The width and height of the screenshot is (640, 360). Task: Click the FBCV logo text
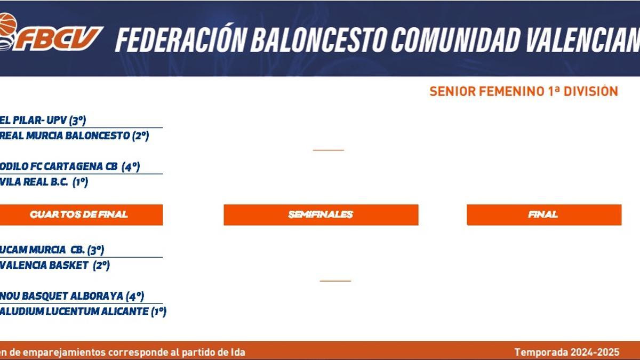click(59, 38)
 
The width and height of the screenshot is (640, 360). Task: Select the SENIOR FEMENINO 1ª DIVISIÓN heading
click(524, 92)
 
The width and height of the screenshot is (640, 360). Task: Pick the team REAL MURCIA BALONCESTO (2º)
click(74, 135)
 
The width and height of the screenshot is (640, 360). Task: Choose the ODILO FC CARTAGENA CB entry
click(69, 166)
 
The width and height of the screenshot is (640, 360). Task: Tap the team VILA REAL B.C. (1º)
click(44, 182)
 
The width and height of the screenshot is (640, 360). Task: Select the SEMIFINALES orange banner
click(321, 214)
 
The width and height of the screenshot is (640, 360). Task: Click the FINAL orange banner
click(543, 214)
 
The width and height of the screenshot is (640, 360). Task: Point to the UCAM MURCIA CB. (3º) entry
click(52, 250)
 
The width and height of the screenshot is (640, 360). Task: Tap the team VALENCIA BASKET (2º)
click(54, 265)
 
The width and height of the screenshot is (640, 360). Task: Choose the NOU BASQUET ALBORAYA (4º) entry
click(71, 296)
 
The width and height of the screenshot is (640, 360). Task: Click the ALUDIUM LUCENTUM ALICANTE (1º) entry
click(83, 311)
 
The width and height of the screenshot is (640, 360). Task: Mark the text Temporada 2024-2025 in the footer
click(567, 352)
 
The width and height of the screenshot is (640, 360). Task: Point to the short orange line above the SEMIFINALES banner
click(328, 150)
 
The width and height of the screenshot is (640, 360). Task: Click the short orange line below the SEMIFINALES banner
click(335, 281)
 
